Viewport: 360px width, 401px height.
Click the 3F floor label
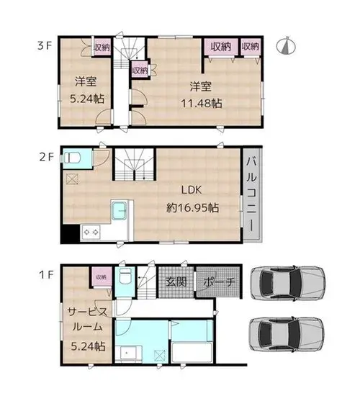click(x=45, y=46)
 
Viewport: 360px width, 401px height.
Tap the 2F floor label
click(x=46, y=157)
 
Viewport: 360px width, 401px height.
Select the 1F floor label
click(x=46, y=275)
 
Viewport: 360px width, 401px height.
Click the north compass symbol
click(x=286, y=45)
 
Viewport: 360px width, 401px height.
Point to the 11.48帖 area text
click(x=202, y=104)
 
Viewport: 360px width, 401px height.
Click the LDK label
click(x=192, y=190)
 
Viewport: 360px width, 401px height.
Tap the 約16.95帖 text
click(x=192, y=207)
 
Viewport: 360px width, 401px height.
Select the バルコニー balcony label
click(x=252, y=194)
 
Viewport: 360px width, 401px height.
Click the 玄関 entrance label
click(x=176, y=281)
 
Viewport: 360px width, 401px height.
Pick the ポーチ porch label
click(x=219, y=281)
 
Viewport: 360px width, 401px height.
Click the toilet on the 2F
click(x=72, y=158)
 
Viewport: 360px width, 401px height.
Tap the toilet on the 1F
click(x=125, y=276)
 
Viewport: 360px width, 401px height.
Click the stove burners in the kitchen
click(x=91, y=233)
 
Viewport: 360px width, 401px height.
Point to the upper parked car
click(x=288, y=283)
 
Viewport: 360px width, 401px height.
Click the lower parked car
click(x=287, y=335)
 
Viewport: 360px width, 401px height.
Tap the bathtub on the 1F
click(x=192, y=353)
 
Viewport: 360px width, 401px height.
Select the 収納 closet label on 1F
click(x=102, y=277)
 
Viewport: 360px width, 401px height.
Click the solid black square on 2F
click(x=71, y=234)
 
